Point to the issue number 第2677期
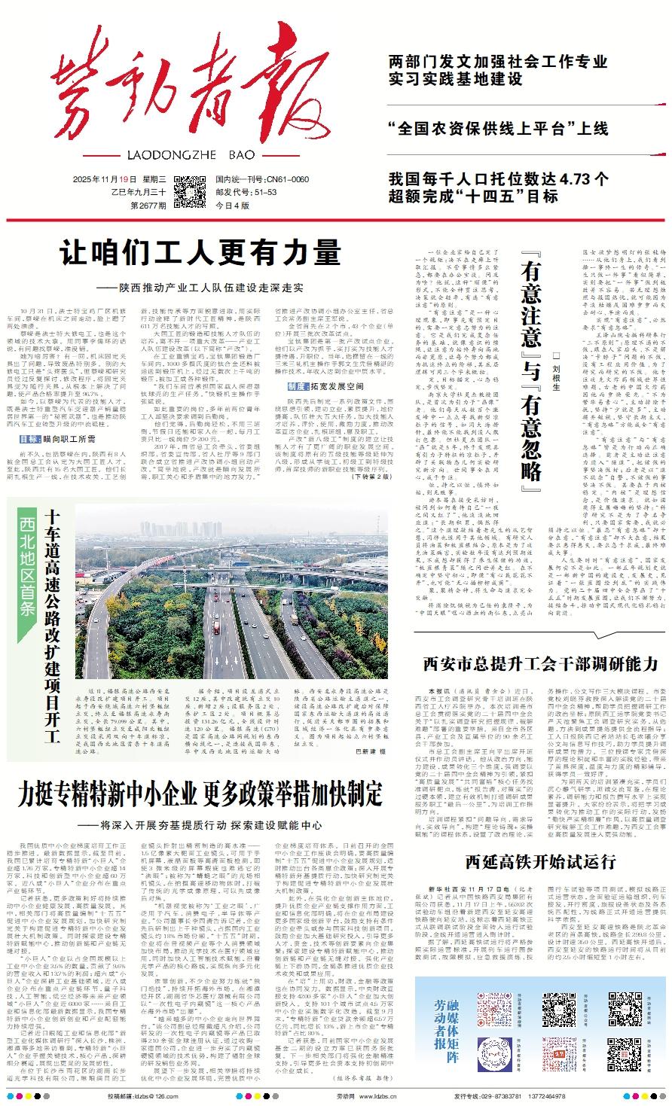pos(148,204)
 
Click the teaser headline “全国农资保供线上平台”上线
pos(497,127)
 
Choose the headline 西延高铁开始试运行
pos(535,859)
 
